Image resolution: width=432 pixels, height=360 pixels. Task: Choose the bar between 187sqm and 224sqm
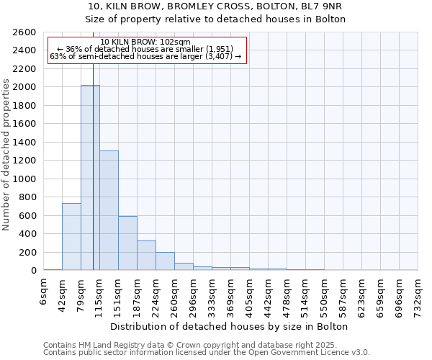(146, 255)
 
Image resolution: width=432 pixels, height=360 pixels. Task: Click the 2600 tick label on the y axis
(26, 32)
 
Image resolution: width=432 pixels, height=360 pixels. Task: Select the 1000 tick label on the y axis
(26, 179)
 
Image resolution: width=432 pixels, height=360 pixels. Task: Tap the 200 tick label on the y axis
(29, 252)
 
